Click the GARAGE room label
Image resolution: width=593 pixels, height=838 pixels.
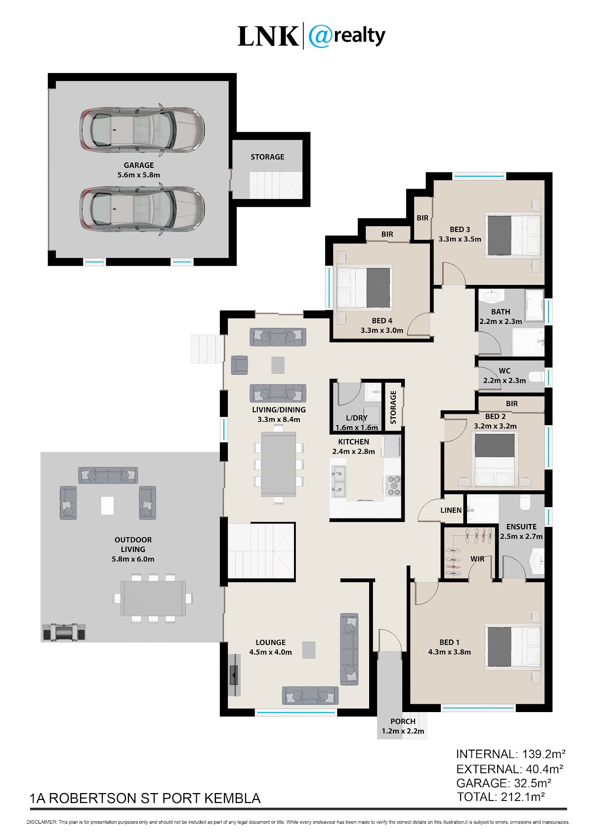coord(138,165)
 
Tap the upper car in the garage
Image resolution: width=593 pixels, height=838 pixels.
coord(142,130)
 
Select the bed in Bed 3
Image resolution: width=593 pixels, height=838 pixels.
coord(513,235)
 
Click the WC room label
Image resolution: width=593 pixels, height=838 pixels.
coord(504,371)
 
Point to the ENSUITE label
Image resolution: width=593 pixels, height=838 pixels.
coord(521,527)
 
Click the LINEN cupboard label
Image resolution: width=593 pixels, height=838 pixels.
coord(451,510)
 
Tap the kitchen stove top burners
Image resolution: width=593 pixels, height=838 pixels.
coord(393,485)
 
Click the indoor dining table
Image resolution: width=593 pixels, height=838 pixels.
coord(278,464)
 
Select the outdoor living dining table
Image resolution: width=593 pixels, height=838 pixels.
coord(153,598)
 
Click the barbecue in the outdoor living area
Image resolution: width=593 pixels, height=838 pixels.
coord(64,632)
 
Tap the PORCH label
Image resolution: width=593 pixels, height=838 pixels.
coord(403,721)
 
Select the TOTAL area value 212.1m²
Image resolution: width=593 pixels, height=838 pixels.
coord(523,797)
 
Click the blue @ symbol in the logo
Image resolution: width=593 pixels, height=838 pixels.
coord(320,36)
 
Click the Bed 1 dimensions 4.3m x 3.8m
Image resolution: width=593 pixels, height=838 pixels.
coord(449,652)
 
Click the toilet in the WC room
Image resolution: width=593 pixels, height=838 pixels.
coord(537,376)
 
